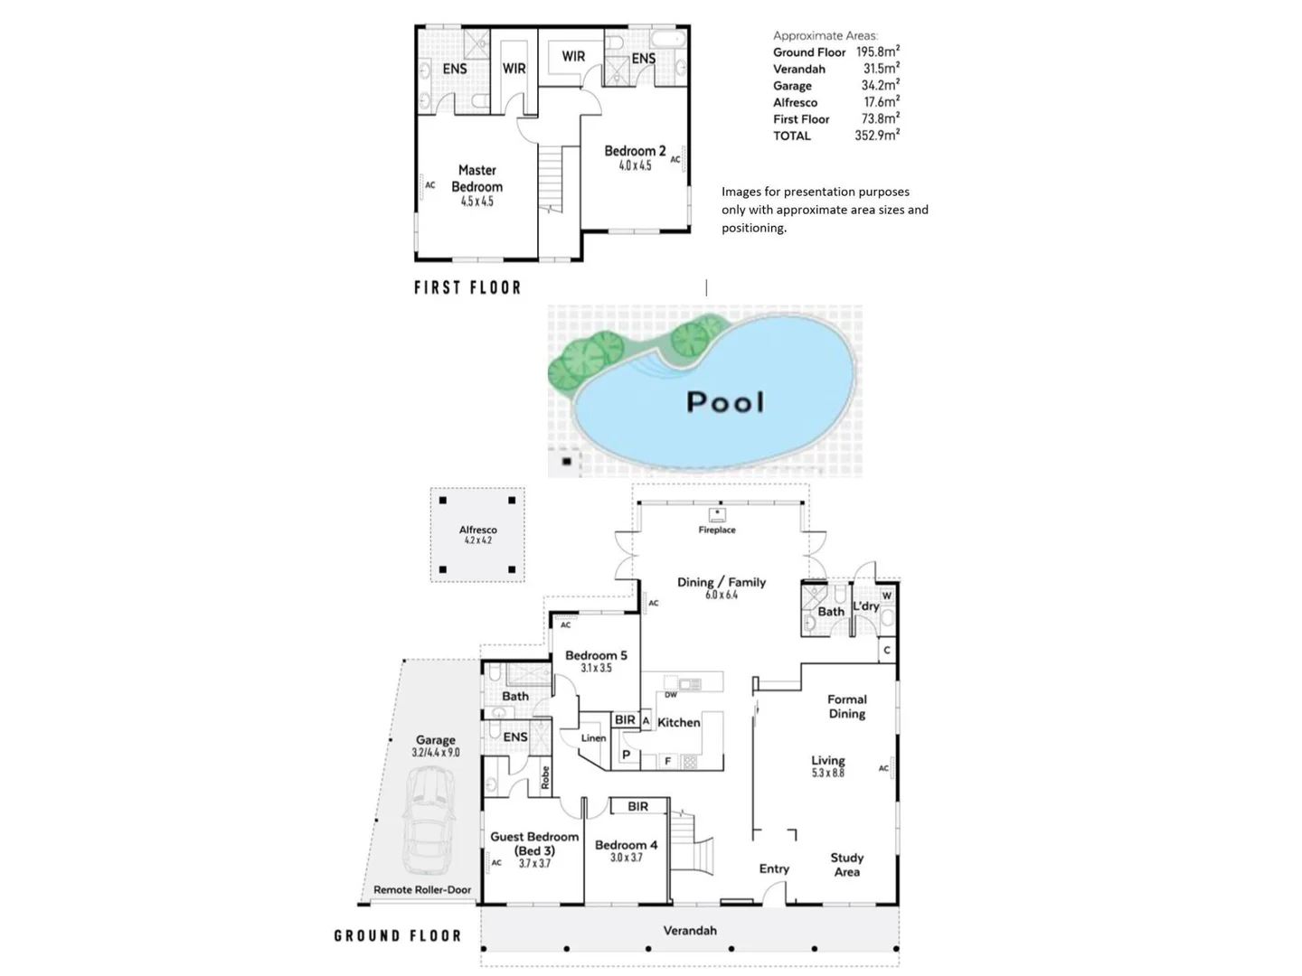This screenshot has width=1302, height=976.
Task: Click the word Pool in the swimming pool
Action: pyautogui.click(x=725, y=402)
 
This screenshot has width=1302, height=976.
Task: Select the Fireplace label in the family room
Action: pyautogui.click(x=717, y=530)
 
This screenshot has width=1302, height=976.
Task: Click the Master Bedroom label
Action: pyautogui.click(x=476, y=178)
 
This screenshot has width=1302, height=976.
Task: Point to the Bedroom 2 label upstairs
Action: pyautogui.click(x=635, y=151)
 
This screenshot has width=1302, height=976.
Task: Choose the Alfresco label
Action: pyautogui.click(x=477, y=530)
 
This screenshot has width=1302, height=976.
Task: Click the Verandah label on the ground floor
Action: pyautogui.click(x=690, y=930)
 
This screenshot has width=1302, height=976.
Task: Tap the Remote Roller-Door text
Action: pyautogui.click(x=422, y=890)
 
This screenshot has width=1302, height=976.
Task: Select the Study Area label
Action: pyautogui.click(x=847, y=865)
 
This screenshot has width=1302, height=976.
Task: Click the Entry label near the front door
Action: pyautogui.click(x=774, y=868)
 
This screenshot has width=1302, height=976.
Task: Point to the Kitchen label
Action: pyautogui.click(x=679, y=722)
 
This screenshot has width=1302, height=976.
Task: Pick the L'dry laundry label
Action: pyautogui.click(x=866, y=605)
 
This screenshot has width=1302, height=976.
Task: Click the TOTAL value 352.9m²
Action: pyautogui.click(x=876, y=136)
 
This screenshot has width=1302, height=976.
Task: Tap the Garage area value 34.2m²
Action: pyautogui.click(x=880, y=86)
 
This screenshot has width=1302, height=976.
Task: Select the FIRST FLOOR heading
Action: pyautogui.click(x=467, y=287)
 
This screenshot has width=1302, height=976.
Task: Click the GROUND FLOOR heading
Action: pyautogui.click(x=398, y=935)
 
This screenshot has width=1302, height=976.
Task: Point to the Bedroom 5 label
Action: pyautogui.click(x=596, y=655)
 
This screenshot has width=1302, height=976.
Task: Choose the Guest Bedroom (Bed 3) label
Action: pyautogui.click(x=534, y=844)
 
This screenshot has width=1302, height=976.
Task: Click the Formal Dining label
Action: pyautogui.click(x=847, y=707)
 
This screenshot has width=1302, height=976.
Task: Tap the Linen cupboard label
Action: pyautogui.click(x=593, y=738)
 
